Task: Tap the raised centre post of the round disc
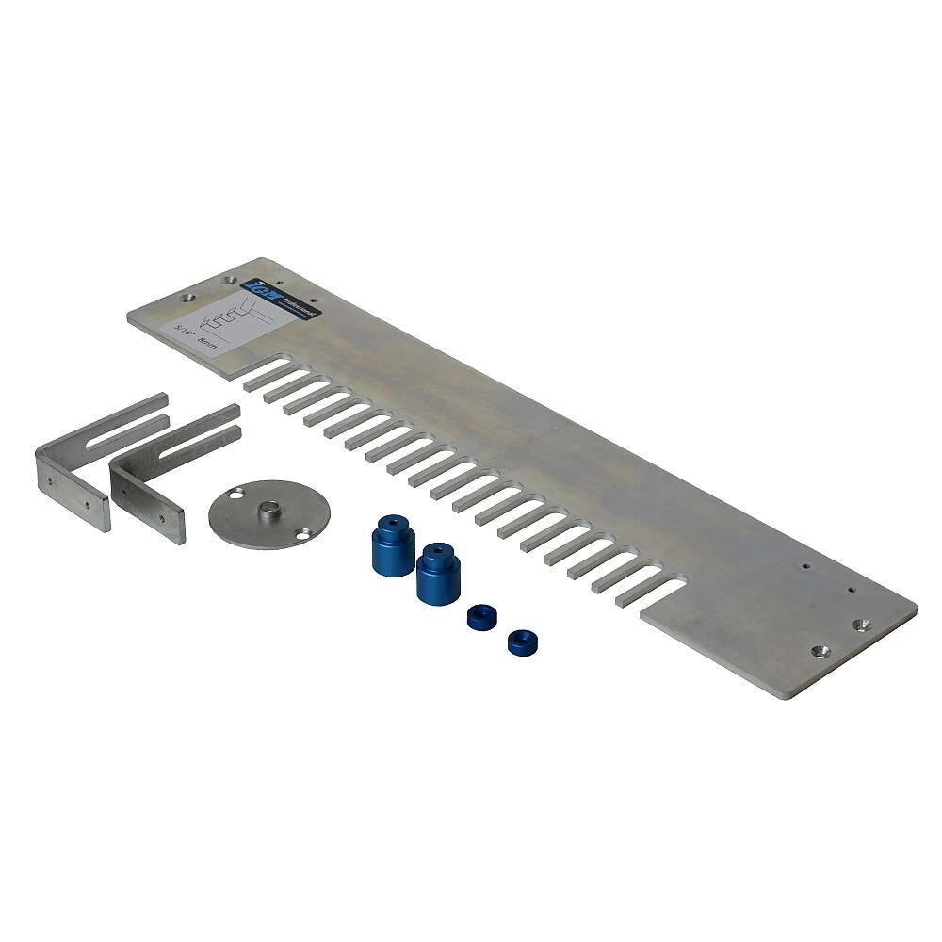point(269,511)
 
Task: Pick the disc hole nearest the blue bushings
point(302,534)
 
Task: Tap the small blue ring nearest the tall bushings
point(481,618)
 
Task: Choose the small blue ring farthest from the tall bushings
point(523,642)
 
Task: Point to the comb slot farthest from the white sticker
point(650,592)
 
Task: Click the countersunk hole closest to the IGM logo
point(228,280)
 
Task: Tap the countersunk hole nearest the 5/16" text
point(187,297)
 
